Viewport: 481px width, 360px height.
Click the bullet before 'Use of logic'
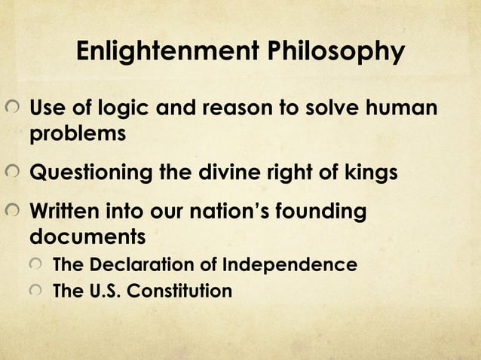(12, 109)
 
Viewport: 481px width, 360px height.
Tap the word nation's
(234, 212)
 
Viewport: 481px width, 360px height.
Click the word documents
(87, 237)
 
